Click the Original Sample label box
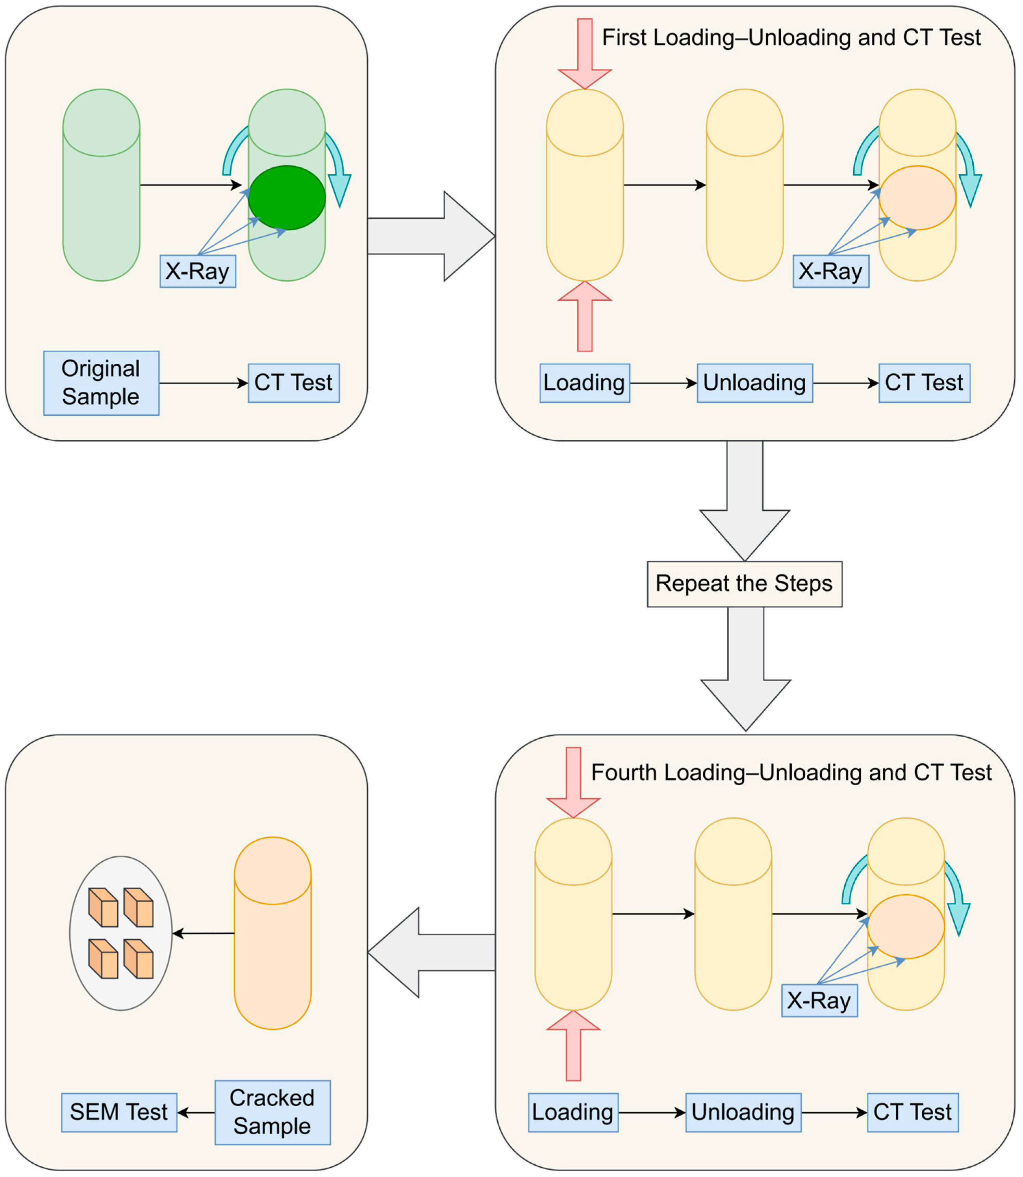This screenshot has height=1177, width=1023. coord(101,383)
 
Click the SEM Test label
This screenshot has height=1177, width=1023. coord(119,1112)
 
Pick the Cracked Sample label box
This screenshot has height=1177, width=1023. coord(272,1112)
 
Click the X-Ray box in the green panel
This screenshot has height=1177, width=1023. coord(197,271)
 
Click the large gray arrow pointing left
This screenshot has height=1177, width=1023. coord(428,952)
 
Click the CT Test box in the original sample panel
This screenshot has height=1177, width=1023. coord(293,383)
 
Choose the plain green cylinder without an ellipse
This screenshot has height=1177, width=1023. coord(101,194)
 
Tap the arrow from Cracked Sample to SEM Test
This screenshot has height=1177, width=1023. coord(196,1112)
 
